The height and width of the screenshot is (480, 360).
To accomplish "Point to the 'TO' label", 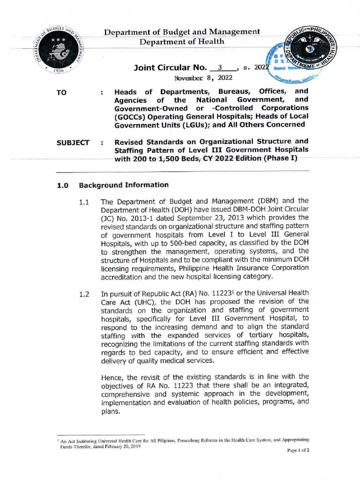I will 61,93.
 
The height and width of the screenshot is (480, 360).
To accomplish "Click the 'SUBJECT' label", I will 73,142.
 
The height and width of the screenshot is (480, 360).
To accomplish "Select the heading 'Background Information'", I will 124,185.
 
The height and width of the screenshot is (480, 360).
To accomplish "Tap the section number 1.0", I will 63,185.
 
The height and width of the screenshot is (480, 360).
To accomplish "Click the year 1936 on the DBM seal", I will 59,70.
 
